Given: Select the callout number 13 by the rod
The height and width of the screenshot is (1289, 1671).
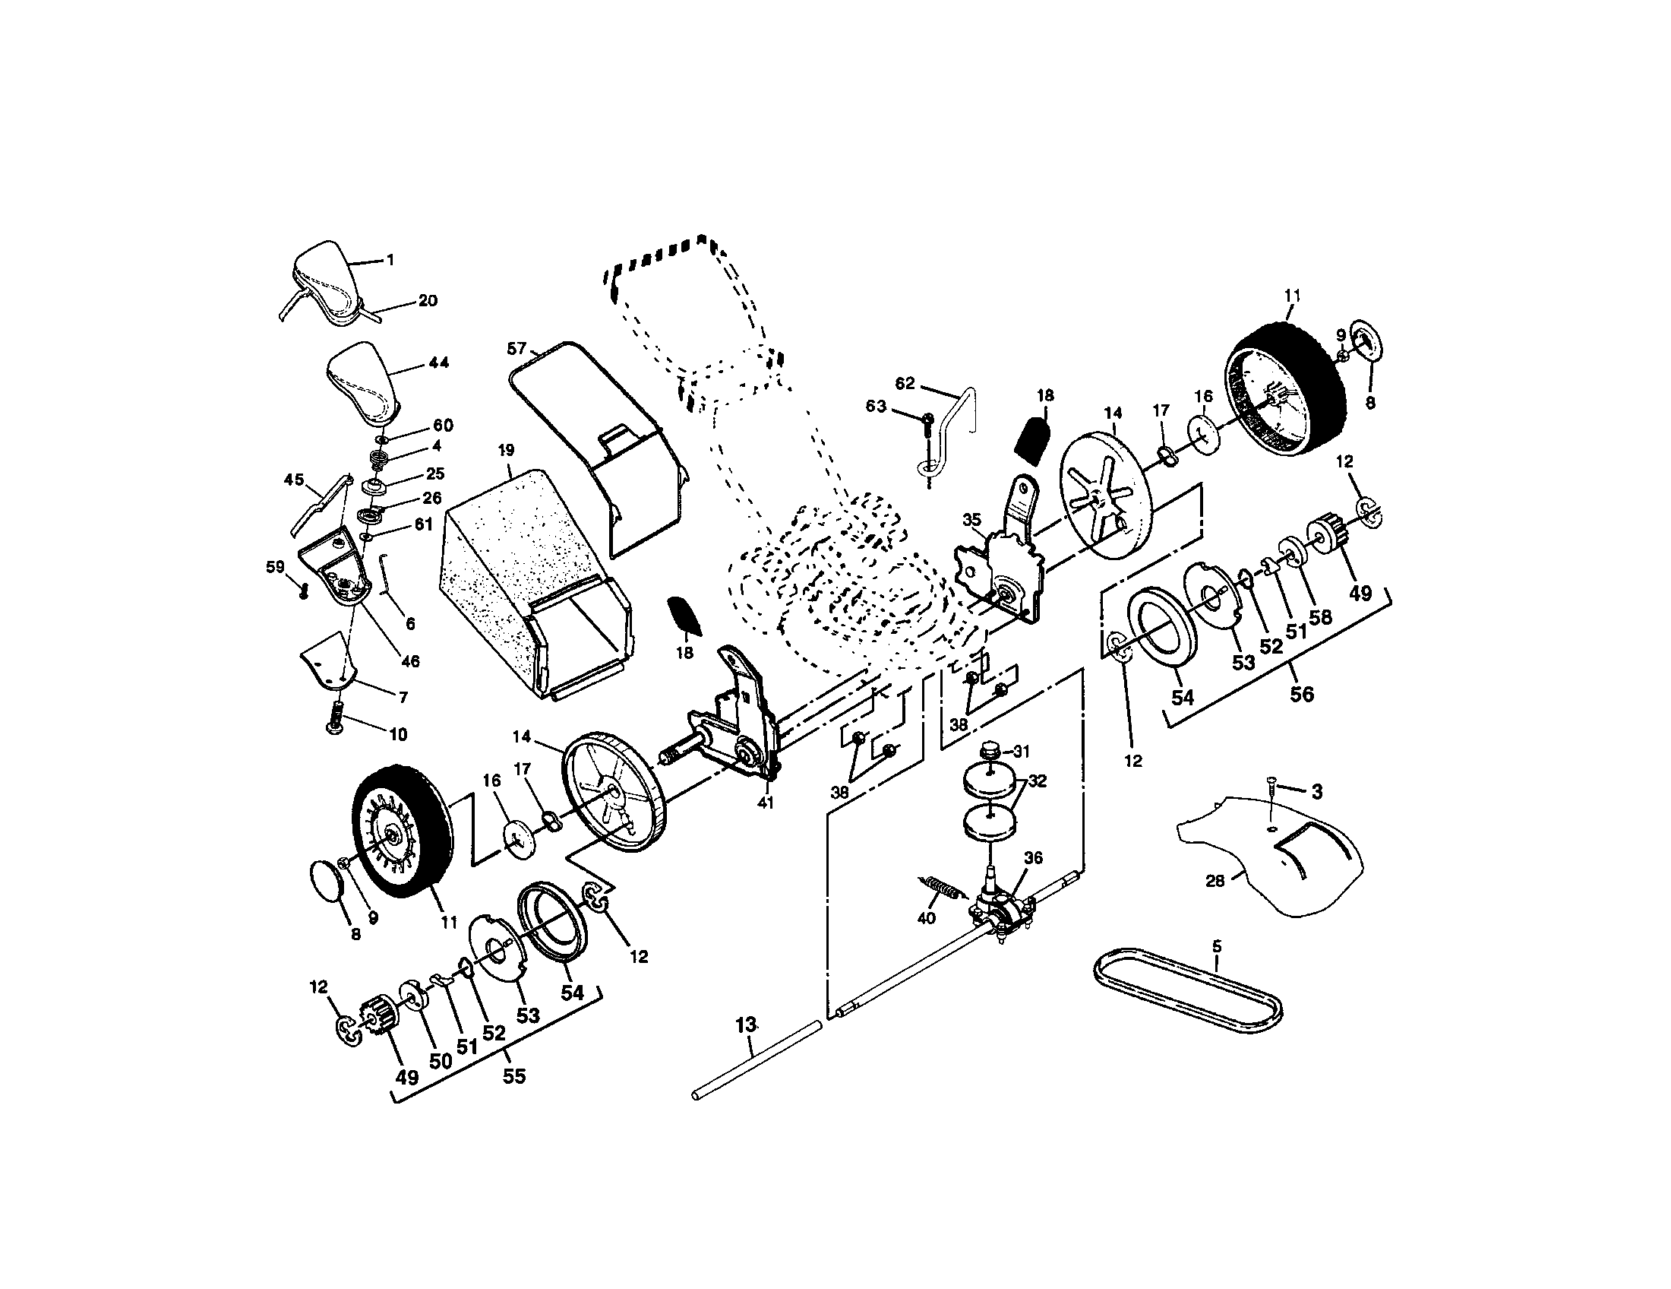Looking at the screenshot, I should coord(746,1024).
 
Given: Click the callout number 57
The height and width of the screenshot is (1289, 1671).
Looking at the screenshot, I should coord(516,349).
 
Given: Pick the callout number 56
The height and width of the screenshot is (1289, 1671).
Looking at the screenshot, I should coord(1301,694).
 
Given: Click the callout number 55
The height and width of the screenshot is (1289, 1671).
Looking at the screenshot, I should coord(514,1075).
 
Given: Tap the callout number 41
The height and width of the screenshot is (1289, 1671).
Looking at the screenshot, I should coord(765,802).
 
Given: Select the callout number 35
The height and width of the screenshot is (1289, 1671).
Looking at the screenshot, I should coord(971,520).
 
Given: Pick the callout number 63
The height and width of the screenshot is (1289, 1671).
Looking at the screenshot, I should coord(876,406).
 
